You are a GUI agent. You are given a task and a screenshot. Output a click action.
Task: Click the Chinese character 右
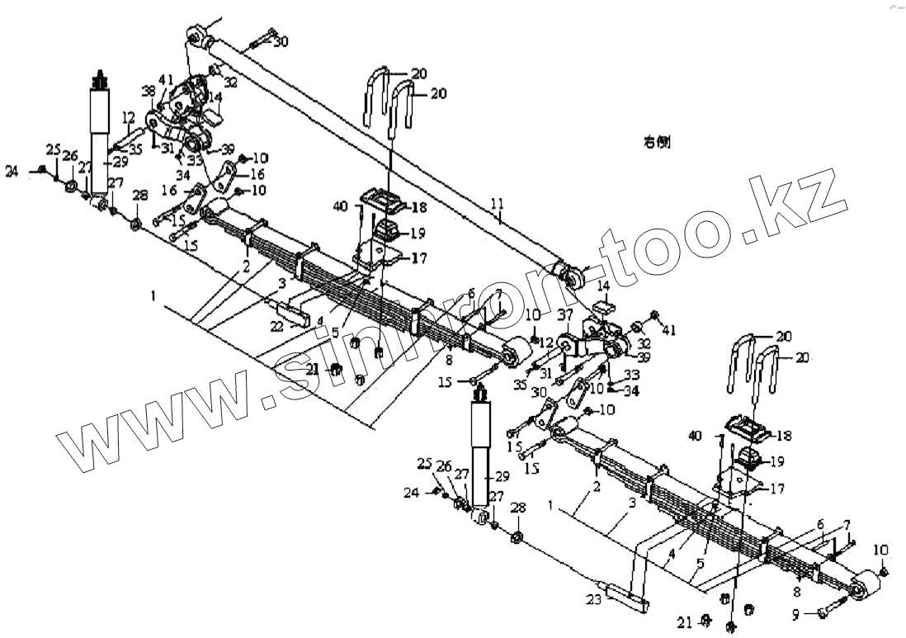tap(649, 143)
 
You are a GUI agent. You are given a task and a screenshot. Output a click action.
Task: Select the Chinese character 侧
tap(663, 143)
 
